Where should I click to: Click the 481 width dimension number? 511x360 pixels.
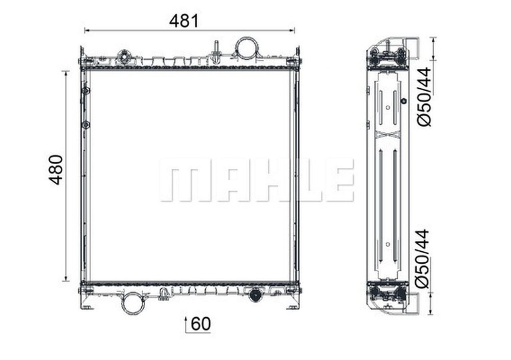tap(184, 21)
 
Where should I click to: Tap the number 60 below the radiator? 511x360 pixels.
tap(201, 324)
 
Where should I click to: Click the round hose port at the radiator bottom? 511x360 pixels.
tap(133, 303)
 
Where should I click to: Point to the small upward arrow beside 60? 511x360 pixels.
tap(186, 324)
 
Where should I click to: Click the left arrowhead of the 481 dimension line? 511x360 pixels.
tap(87, 30)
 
